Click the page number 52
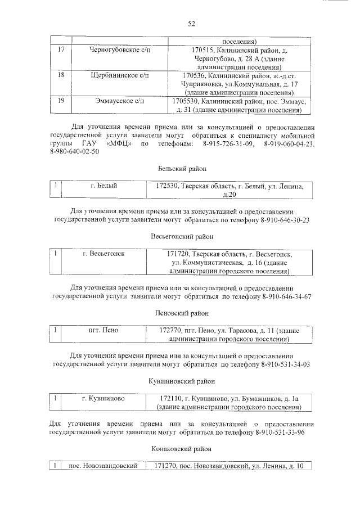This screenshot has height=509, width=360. [x=191, y=23]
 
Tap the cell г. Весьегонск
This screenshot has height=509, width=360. [x=103, y=254]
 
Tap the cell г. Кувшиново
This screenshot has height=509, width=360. [x=103, y=399]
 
